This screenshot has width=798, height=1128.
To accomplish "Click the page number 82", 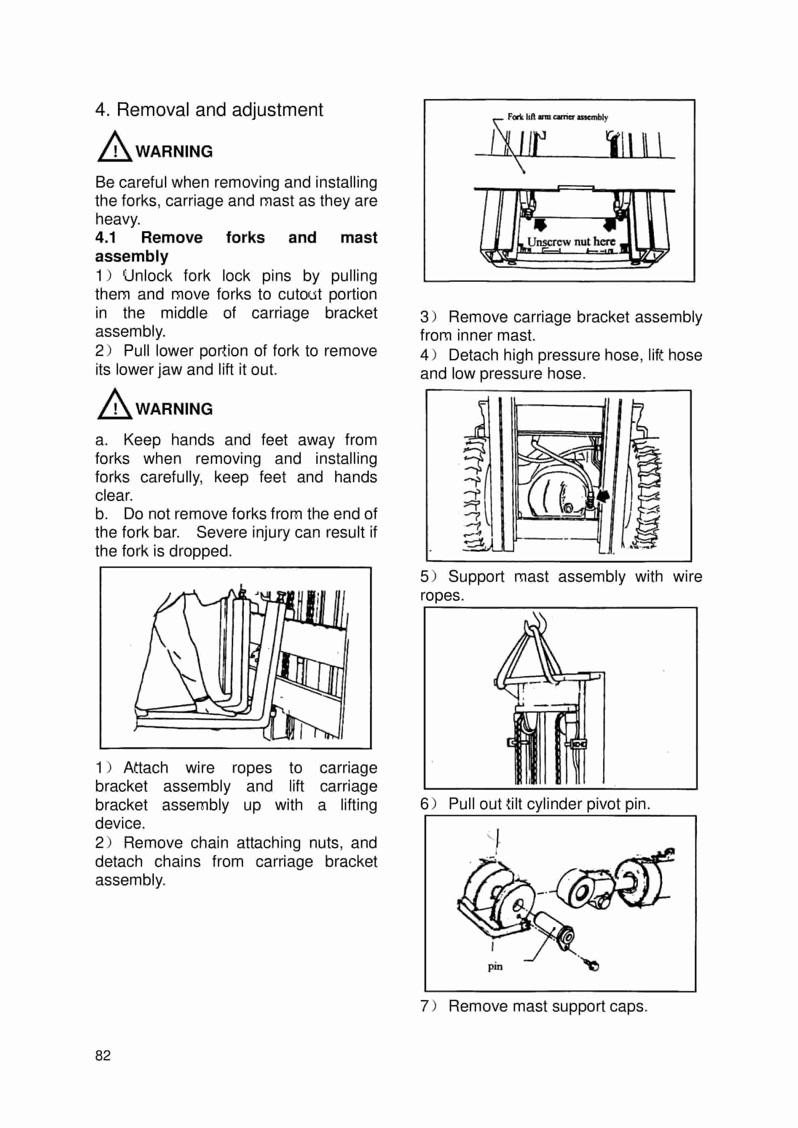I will (x=103, y=1055).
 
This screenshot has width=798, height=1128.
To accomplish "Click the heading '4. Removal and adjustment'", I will (x=209, y=110).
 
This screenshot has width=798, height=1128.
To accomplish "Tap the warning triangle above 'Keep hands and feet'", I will (x=115, y=405).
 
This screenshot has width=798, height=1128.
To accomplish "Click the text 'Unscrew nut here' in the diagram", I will (x=571, y=242).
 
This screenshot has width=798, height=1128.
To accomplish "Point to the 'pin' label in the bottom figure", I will (x=495, y=966).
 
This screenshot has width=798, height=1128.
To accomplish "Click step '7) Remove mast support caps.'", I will (x=534, y=1006).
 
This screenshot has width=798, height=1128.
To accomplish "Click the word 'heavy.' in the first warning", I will (x=118, y=219).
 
